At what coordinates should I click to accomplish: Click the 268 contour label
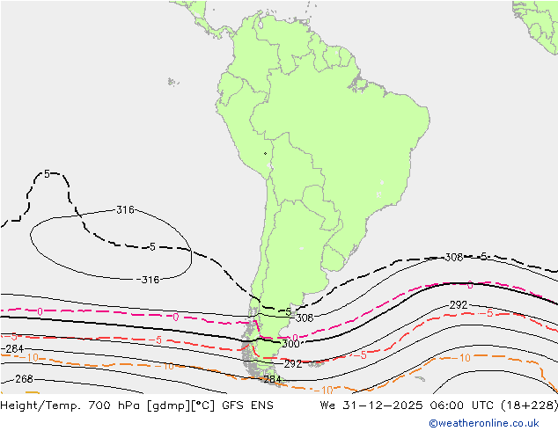tap(24, 379)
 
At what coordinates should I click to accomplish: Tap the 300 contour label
tap(290, 344)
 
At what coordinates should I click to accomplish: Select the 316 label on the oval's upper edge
tap(125, 209)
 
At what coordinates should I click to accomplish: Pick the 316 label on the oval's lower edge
tap(150, 280)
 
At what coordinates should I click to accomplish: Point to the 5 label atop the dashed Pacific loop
tap(47, 174)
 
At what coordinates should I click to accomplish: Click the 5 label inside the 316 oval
tap(152, 247)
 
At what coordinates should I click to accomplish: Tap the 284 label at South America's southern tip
tap(273, 379)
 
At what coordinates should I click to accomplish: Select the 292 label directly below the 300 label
tap(293, 363)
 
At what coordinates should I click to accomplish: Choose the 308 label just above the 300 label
tap(305, 318)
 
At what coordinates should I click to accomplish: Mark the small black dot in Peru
tap(265, 154)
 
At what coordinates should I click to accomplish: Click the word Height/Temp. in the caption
tap(41, 405)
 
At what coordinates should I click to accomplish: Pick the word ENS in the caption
tap(260, 405)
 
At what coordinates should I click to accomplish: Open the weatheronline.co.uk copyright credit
tap(484, 423)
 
